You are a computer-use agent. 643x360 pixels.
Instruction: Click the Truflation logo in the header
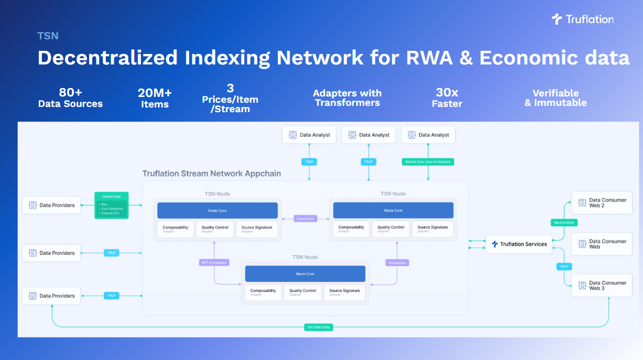(x=582, y=19)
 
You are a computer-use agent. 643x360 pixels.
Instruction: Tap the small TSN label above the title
(x=48, y=36)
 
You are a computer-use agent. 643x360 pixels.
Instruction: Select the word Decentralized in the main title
(x=107, y=58)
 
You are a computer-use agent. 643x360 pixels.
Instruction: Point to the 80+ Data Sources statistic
(x=70, y=98)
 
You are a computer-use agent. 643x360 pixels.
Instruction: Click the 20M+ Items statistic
(x=155, y=98)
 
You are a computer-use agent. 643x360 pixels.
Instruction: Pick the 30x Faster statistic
(x=447, y=98)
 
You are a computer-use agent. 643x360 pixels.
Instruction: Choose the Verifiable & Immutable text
(x=555, y=98)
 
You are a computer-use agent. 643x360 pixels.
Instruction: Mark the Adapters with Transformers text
(x=347, y=98)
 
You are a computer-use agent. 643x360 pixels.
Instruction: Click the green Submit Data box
(x=111, y=205)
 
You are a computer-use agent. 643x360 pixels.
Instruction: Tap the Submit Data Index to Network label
(x=428, y=162)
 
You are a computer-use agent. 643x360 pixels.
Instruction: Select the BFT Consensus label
(x=214, y=262)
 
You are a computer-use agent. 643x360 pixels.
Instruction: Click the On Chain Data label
(x=318, y=327)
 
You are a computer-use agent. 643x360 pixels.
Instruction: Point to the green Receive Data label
(x=564, y=223)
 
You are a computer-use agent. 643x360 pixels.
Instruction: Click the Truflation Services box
(x=518, y=244)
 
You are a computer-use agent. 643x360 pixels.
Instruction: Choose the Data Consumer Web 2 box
(x=602, y=203)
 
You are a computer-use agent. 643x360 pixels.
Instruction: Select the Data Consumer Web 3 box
(x=602, y=286)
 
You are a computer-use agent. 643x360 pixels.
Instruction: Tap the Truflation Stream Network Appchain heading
(x=212, y=173)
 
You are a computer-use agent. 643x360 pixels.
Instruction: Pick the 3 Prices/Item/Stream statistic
(x=230, y=99)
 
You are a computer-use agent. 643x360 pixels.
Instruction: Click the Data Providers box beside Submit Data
(x=51, y=205)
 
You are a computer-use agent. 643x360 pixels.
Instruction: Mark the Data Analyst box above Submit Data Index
(x=428, y=135)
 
